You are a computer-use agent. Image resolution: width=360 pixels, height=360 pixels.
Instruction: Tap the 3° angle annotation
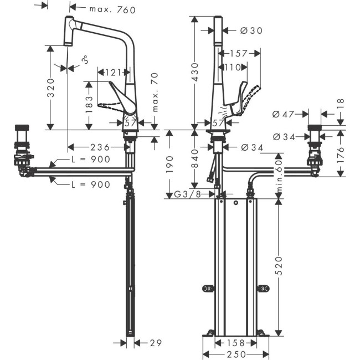pos(84,59)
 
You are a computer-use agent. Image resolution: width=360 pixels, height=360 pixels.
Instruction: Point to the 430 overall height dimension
pos(195,72)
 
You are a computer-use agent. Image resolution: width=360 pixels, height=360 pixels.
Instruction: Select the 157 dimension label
pos(239,54)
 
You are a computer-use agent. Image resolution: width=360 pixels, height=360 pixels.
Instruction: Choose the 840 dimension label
pos(195,161)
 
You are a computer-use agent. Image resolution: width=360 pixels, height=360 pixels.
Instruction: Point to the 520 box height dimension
pos(280,266)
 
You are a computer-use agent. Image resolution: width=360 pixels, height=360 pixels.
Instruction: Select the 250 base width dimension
pos(234,354)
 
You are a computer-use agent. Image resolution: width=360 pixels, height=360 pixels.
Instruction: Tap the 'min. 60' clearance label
pos(280,177)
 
